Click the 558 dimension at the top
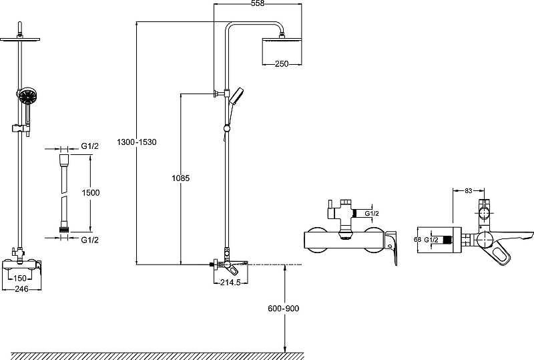pyautogui.click(x=257, y=4)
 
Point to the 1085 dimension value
pyautogui.click(x=180, y=178)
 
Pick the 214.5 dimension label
pyautogui.click(x=230, y=283)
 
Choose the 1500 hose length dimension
pyautogui.click(x=91, y=192)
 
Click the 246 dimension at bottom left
pyautogui.click(x=22, y=289)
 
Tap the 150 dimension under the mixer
pyautogui.click(x=21, y=278)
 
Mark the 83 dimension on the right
pyautogui.click(x=469, y=191)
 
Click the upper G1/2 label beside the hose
pyautogui.click(x=90, y=146)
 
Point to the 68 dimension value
pyautogui.click(x=417, y=238)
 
